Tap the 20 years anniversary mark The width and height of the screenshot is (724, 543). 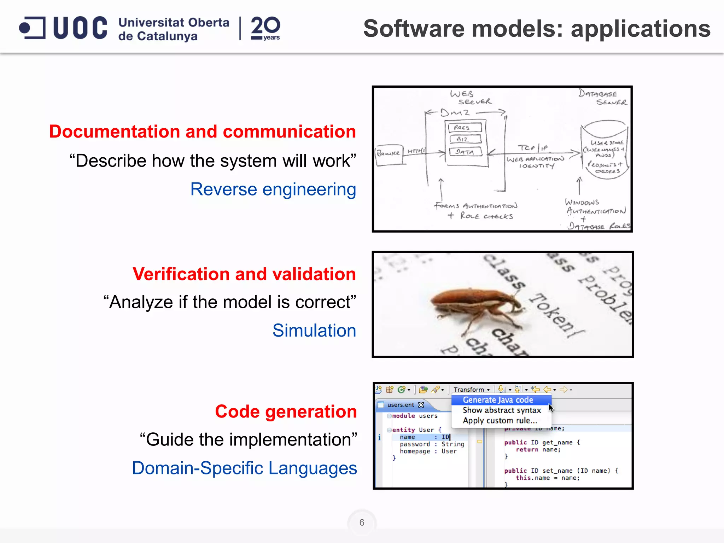click(265, 28)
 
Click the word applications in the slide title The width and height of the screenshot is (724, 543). click(641, 29)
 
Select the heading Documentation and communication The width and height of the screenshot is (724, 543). click(202, 132)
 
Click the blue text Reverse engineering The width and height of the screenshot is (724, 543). click(273, 189)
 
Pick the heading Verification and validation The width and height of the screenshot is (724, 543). click(244, 274)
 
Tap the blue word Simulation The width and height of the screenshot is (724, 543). click(314, 331)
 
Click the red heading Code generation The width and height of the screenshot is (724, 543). click(286, 411)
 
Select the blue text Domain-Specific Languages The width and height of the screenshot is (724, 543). click(244, 468)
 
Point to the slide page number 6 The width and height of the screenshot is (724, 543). click(362, 522)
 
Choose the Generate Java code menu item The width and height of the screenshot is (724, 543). click(498, 400)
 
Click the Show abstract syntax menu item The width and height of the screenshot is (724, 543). click(502, 410)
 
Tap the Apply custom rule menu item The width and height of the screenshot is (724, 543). click(500, 421)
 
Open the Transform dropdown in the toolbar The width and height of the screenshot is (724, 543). click(472, 390)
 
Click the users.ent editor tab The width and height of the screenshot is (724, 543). click(401, 405)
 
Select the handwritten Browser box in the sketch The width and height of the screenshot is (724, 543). click(389, 154)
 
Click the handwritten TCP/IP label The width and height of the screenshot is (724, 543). click(532, 148)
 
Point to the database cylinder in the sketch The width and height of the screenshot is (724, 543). click(605, 150)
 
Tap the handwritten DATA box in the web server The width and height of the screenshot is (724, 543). click(465, 152)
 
